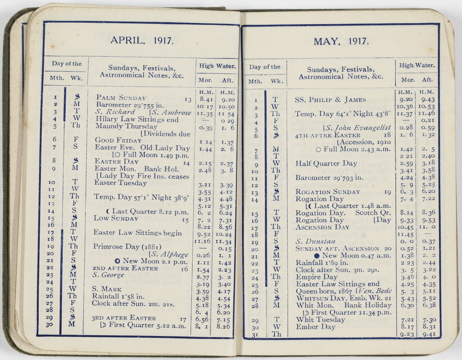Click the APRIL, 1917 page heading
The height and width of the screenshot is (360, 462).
click(x=142, y=40)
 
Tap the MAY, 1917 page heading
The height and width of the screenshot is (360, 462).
click(x=341, y=41)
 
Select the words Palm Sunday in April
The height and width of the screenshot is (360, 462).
click(x=121, y=97)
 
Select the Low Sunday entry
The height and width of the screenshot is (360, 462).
click(x=115, y=218)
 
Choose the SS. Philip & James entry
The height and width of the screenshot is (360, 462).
click(x=330, y=100)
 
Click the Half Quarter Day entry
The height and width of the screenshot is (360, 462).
click(x=326, y=163)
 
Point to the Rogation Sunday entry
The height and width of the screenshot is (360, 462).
click(x=328, y=192)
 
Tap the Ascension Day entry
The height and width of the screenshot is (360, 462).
click(x=322, y=227)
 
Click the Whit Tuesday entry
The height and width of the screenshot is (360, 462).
click(x=320, y=320)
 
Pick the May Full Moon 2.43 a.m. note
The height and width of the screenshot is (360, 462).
click(x=353, y=149)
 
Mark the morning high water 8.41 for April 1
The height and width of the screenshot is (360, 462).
click(x=206, y=99)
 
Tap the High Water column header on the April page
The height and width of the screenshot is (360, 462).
click(x=217, y=66)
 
